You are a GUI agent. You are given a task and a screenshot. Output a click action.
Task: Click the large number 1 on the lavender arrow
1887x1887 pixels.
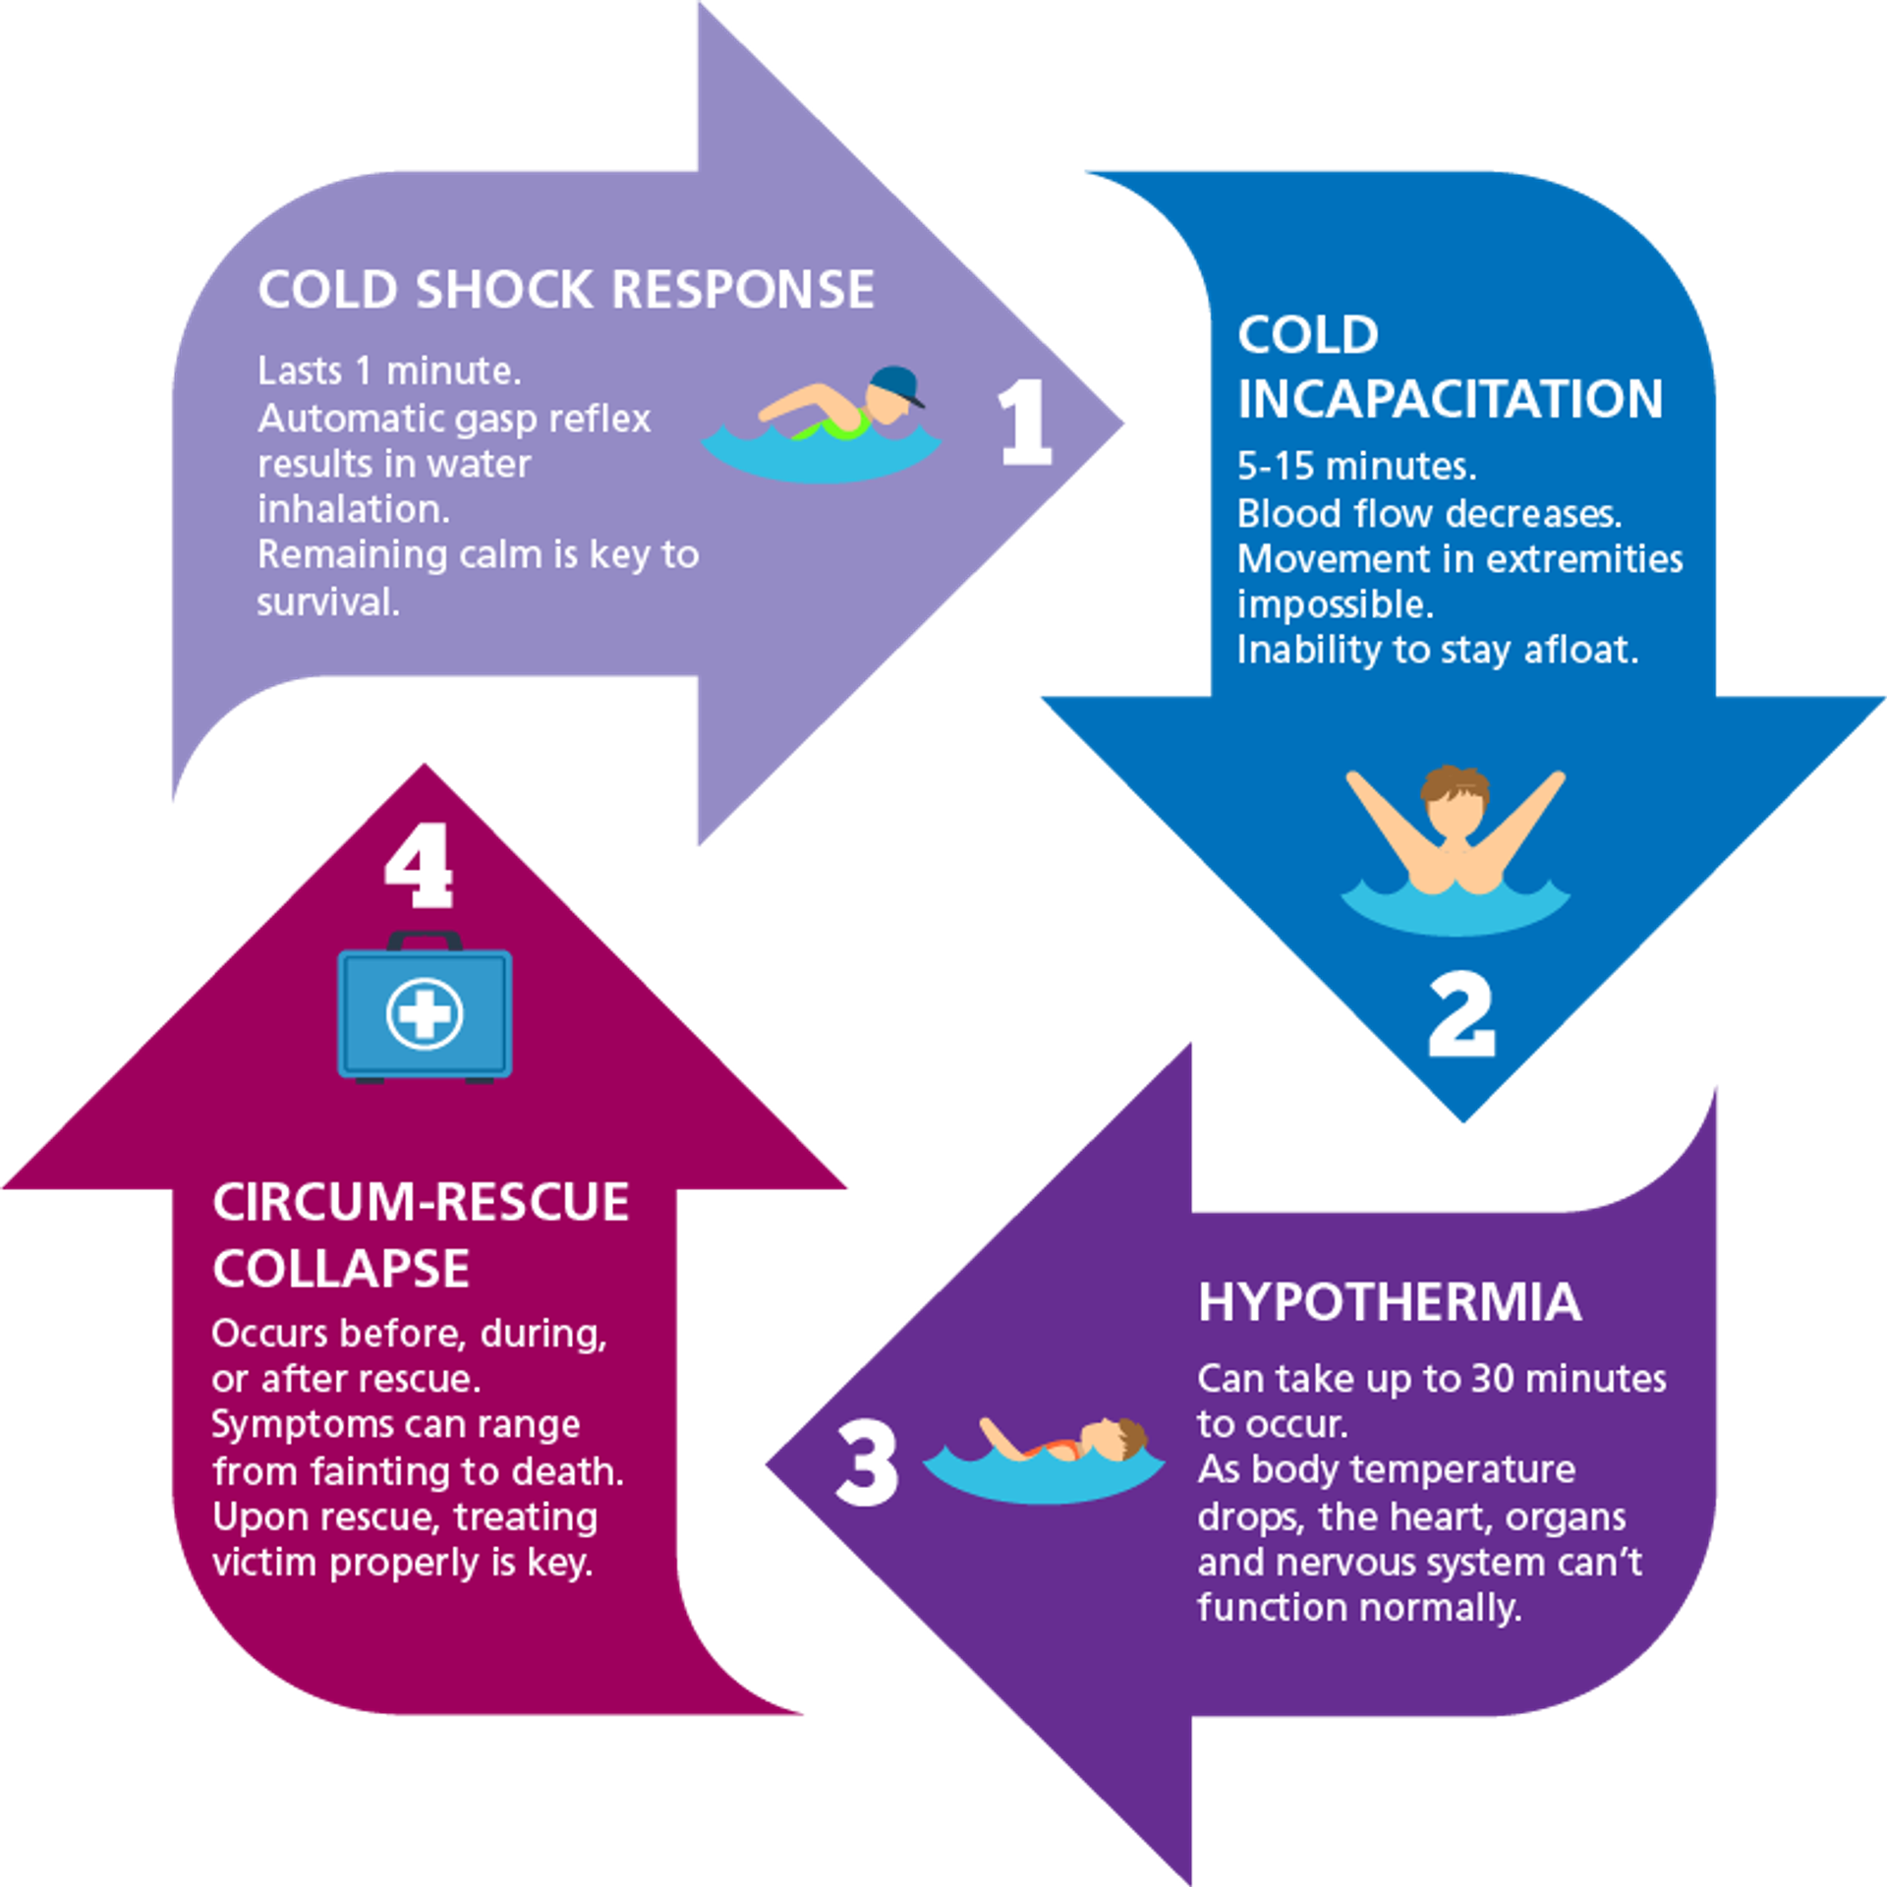(1025, 423)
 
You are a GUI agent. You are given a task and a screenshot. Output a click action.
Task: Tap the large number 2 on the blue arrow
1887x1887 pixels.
(1461, 1015)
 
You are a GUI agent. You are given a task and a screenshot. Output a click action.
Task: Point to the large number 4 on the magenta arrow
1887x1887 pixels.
(420, 866)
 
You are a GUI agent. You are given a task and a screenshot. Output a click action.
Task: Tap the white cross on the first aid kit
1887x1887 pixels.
(425, 1013)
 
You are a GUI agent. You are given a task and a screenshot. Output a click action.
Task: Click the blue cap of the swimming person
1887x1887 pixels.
(897, 383)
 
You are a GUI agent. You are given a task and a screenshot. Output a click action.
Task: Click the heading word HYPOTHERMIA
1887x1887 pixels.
(1389, 1302)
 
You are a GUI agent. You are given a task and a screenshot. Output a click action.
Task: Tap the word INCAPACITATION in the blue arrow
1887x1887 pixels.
(1450, 399)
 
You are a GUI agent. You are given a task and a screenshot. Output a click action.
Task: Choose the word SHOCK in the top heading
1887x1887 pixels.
(504, 290)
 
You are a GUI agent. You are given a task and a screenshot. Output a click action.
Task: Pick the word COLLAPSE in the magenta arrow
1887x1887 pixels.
(341, 1268)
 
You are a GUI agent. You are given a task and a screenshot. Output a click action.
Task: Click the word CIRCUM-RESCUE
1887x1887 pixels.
(421, 1202)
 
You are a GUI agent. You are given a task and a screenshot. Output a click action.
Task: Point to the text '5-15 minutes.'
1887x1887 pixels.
(1356, 466)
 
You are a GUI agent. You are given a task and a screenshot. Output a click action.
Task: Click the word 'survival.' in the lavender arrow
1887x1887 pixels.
(328, 601)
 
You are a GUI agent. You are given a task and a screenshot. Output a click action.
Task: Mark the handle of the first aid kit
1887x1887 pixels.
(425, 940)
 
